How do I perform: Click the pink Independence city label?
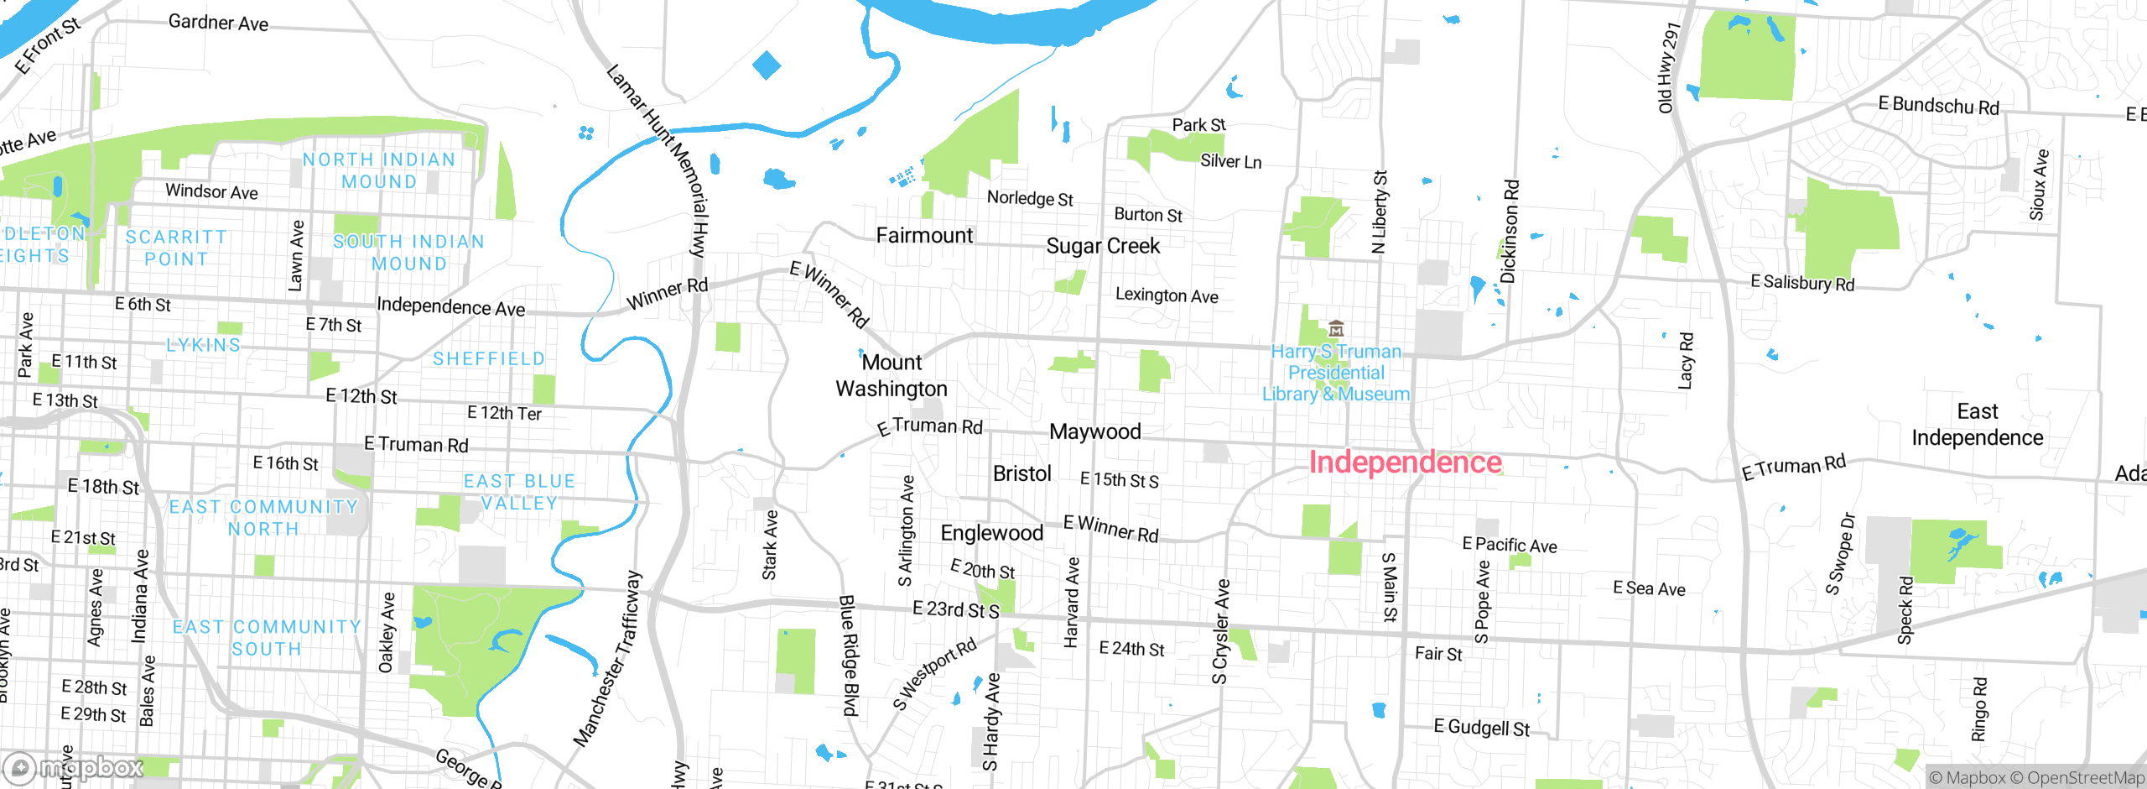1405,462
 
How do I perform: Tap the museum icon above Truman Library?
1336,328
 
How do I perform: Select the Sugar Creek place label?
1103,246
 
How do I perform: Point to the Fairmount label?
924,236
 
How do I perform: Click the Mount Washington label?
892,376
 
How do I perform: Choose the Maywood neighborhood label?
1094,431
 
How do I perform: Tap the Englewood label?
991,533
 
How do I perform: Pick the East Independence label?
1977,425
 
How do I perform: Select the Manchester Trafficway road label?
608,660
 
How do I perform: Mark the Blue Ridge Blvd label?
849,655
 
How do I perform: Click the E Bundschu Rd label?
1938,106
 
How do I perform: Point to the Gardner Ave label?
218,23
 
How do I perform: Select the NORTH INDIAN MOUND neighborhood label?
379,170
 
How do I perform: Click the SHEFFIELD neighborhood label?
489,359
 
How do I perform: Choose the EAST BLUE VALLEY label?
519,492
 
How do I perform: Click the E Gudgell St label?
1481,727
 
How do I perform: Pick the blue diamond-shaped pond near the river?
767,65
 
